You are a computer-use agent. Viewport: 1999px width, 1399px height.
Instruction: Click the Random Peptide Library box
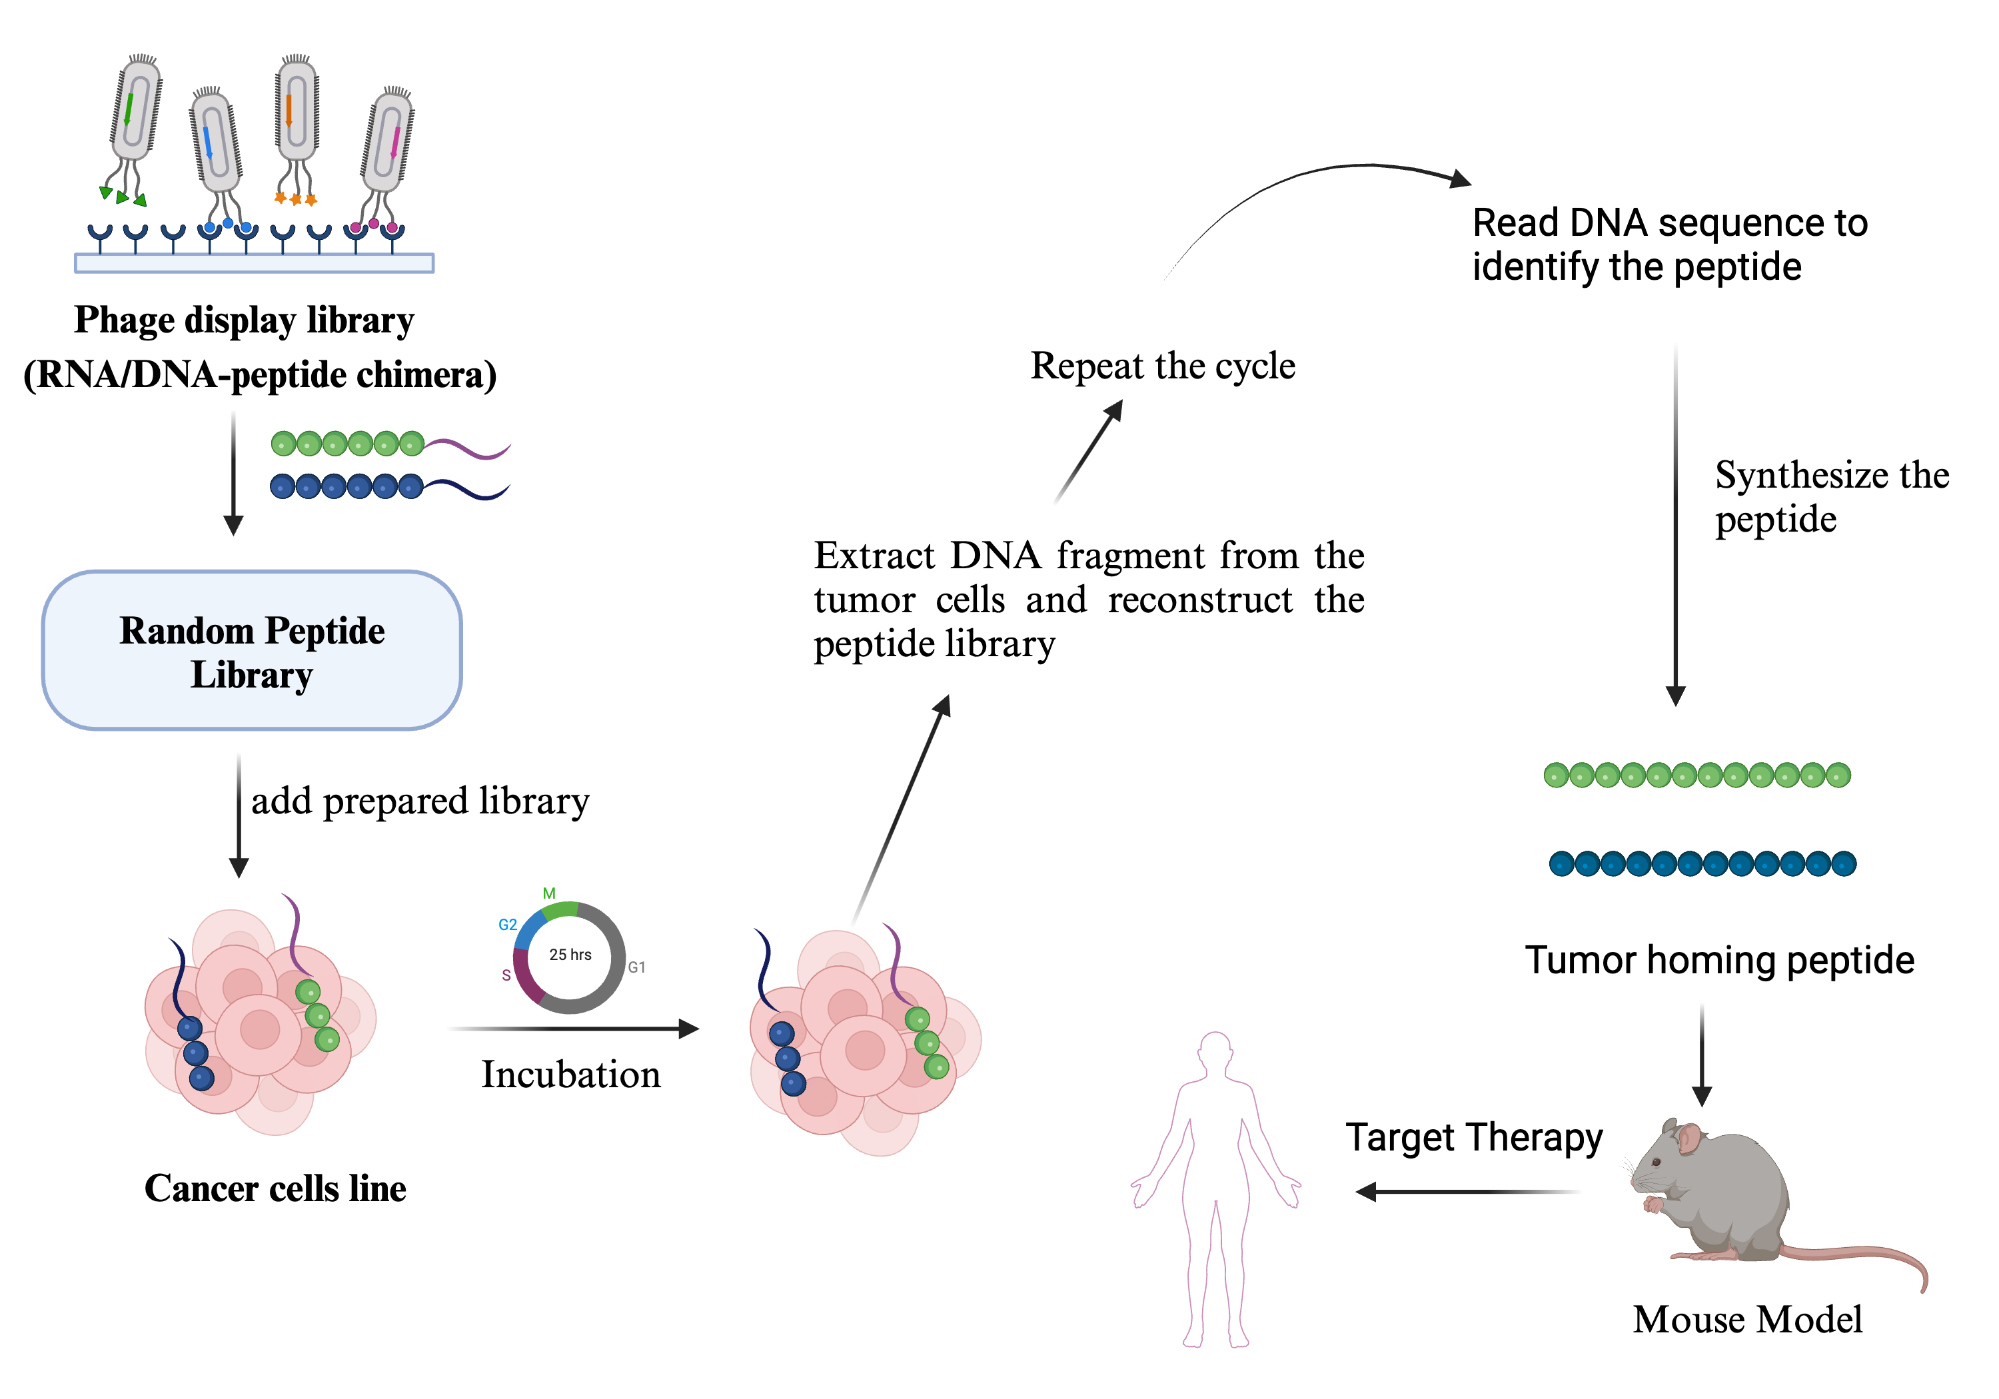(252, 650)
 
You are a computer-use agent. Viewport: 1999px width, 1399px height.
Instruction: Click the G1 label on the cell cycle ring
(636, 967)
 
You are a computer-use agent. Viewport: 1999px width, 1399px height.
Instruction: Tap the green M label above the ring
(548, 893)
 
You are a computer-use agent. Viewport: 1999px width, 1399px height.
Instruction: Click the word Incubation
(570, 1075)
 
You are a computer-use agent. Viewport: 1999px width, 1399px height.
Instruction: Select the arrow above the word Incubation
(574, 1029)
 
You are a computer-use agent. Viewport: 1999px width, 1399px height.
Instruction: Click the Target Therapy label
(1473, 1137)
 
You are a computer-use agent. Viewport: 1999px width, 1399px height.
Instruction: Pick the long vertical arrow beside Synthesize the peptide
(1675, 522)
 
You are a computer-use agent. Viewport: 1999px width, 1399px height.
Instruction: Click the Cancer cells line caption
(275, 1188)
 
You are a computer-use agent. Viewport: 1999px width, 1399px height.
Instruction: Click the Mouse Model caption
(1746, 1320)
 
